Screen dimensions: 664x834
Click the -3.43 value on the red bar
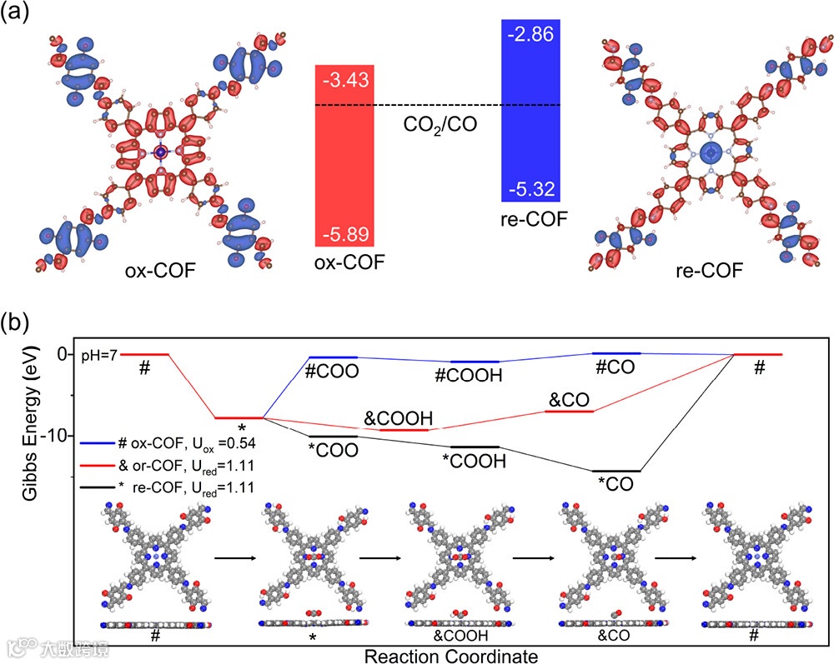[x=344, y=82]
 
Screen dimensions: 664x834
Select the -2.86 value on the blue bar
[x=529, y=35]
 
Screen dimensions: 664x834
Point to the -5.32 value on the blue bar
[x=529, y=189]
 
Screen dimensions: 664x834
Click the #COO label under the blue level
[x=332, y=372]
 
